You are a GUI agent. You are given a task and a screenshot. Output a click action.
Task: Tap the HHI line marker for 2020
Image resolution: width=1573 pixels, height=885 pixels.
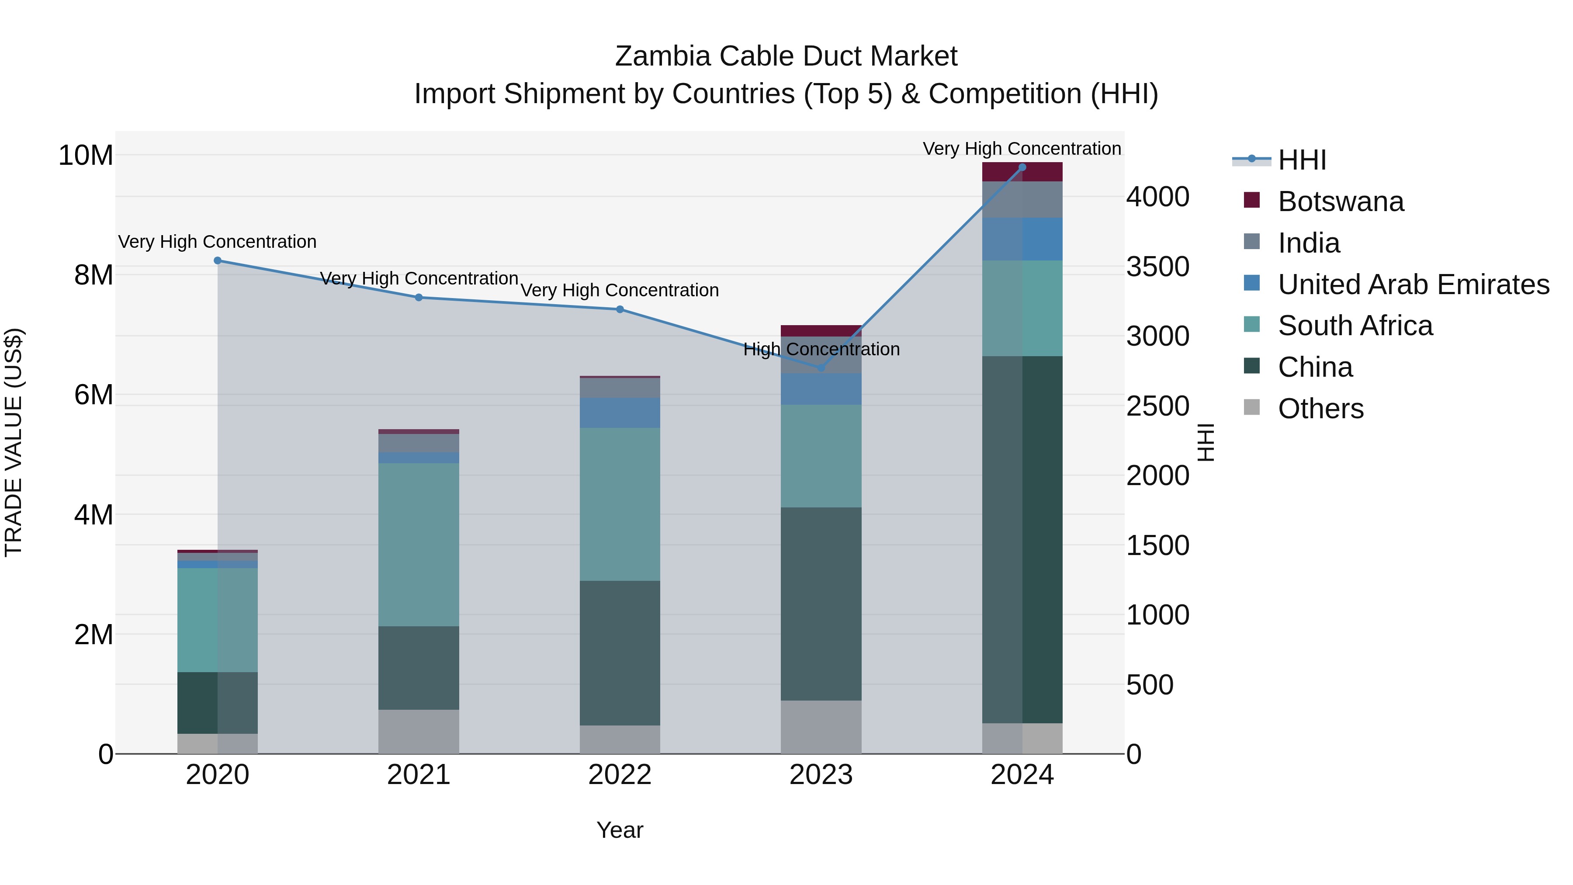point(218,261)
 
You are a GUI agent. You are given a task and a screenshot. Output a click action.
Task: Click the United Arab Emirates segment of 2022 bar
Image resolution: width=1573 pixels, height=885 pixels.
point(620,413)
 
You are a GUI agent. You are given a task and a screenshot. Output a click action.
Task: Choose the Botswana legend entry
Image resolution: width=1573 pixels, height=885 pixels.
point(1341,201)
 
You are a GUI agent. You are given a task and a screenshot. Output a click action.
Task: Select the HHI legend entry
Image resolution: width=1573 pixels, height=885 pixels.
point(1301,160)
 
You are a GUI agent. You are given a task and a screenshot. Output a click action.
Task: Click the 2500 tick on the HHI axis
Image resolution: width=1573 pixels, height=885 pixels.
point(1157,406)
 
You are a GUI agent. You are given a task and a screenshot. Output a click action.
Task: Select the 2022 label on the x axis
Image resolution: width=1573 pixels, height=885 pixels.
point(620,775)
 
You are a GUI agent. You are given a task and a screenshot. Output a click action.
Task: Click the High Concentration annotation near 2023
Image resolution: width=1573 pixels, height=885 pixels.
point(821,349)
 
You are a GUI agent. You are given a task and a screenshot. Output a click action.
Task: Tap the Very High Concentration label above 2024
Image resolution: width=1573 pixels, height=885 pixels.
point(1022,149)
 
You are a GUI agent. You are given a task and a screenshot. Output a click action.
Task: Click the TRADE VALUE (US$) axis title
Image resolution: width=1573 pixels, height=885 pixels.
point(14,442)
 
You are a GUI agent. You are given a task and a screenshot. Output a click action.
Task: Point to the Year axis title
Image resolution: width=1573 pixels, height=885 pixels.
point(620,830)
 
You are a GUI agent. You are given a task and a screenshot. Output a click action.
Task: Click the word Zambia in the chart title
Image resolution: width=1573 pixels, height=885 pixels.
point(662,56)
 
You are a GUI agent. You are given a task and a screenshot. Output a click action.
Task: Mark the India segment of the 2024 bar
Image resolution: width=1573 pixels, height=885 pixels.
point(1022,199)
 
